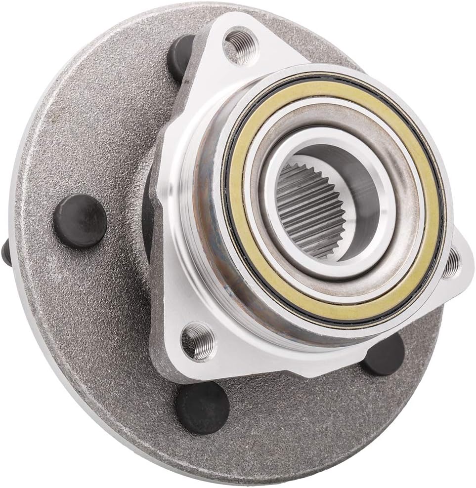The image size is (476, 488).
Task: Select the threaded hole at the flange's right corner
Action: tap(450, 265)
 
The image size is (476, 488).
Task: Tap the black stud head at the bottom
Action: tap(203, 407)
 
